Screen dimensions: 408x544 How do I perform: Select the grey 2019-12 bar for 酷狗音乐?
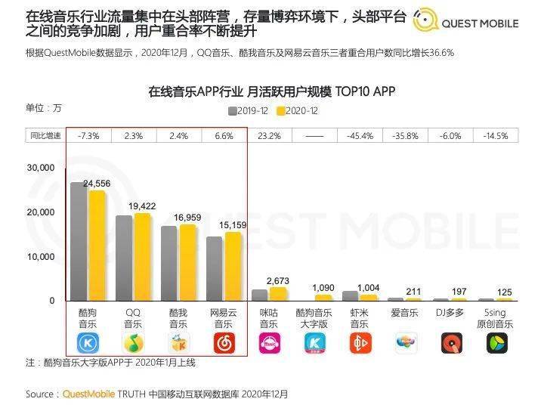coord(79,241)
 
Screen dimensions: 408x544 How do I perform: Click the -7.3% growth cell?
coord(88,136)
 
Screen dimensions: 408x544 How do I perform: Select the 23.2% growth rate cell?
coord(269,136)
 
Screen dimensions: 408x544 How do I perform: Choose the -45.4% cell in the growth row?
coord(360,136)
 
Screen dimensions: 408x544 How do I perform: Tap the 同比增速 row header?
coord(45,136)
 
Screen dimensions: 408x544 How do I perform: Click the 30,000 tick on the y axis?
coord(40,168)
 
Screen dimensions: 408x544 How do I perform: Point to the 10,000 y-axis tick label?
coord(40,257)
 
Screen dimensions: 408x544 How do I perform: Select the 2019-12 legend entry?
coord(249,111)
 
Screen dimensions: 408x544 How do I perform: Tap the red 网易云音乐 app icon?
coord(224,343)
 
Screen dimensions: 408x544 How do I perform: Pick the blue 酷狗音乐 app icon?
coord(88,343)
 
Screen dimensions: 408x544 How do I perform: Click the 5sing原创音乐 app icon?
coord(496,343)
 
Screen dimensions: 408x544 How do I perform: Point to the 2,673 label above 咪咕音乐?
coord(278,281)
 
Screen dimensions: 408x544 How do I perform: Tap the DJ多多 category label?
coord(450,312)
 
